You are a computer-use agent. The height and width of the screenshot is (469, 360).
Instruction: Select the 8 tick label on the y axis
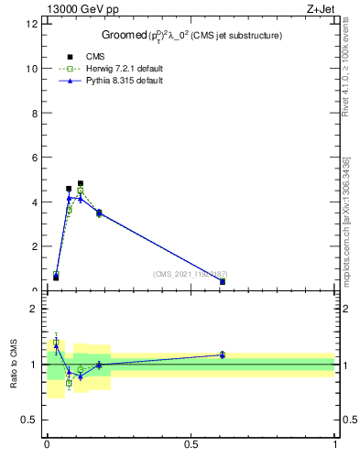point(36,113)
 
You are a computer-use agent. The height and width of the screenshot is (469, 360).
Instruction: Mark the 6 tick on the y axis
point(36,158)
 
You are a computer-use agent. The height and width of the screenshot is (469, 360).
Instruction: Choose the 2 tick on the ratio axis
point(36,309)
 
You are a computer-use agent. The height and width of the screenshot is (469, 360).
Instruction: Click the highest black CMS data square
point(81,183)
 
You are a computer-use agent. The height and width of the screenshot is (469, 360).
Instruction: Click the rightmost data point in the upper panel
point(223,281)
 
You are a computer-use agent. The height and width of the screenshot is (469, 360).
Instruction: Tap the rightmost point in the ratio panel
point(223,354)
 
